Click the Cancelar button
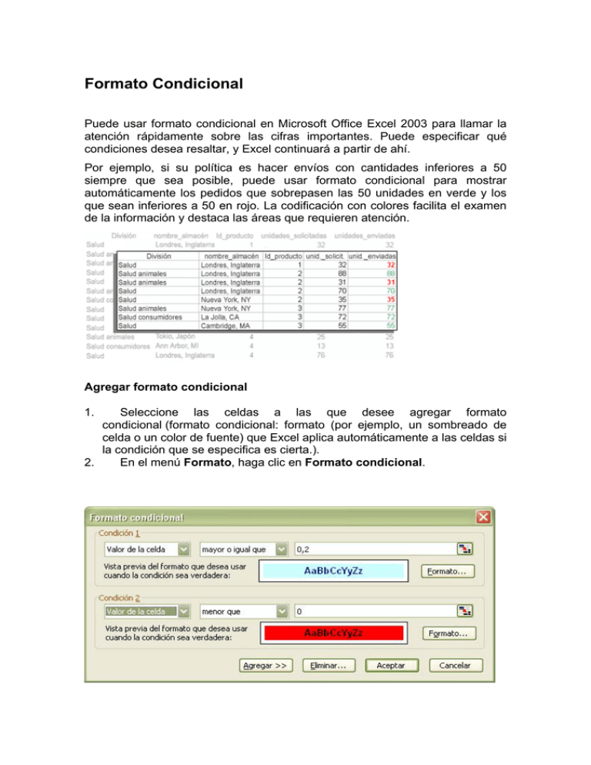coord(456,665)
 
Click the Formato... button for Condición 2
coord(448,633)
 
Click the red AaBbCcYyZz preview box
coord(334,633)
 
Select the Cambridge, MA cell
coord(229,326)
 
